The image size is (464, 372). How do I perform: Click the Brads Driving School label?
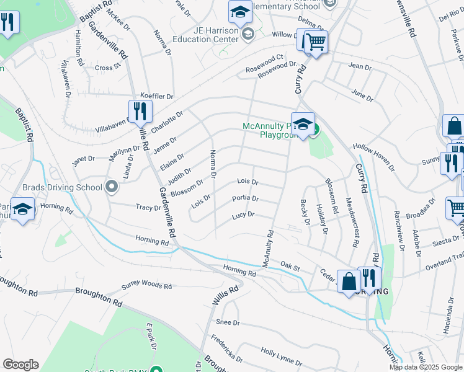53,187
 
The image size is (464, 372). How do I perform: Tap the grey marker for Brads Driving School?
112,186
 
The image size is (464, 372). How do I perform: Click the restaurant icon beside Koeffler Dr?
140,112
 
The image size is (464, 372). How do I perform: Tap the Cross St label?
107,68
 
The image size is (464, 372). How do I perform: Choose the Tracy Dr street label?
149,208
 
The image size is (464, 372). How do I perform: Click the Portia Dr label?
245,198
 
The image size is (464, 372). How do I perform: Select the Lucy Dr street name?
243,215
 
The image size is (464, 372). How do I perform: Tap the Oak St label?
290,267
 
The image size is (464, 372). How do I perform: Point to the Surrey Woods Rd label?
146,285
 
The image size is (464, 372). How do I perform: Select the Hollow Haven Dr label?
373,157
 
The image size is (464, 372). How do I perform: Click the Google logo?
21,365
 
